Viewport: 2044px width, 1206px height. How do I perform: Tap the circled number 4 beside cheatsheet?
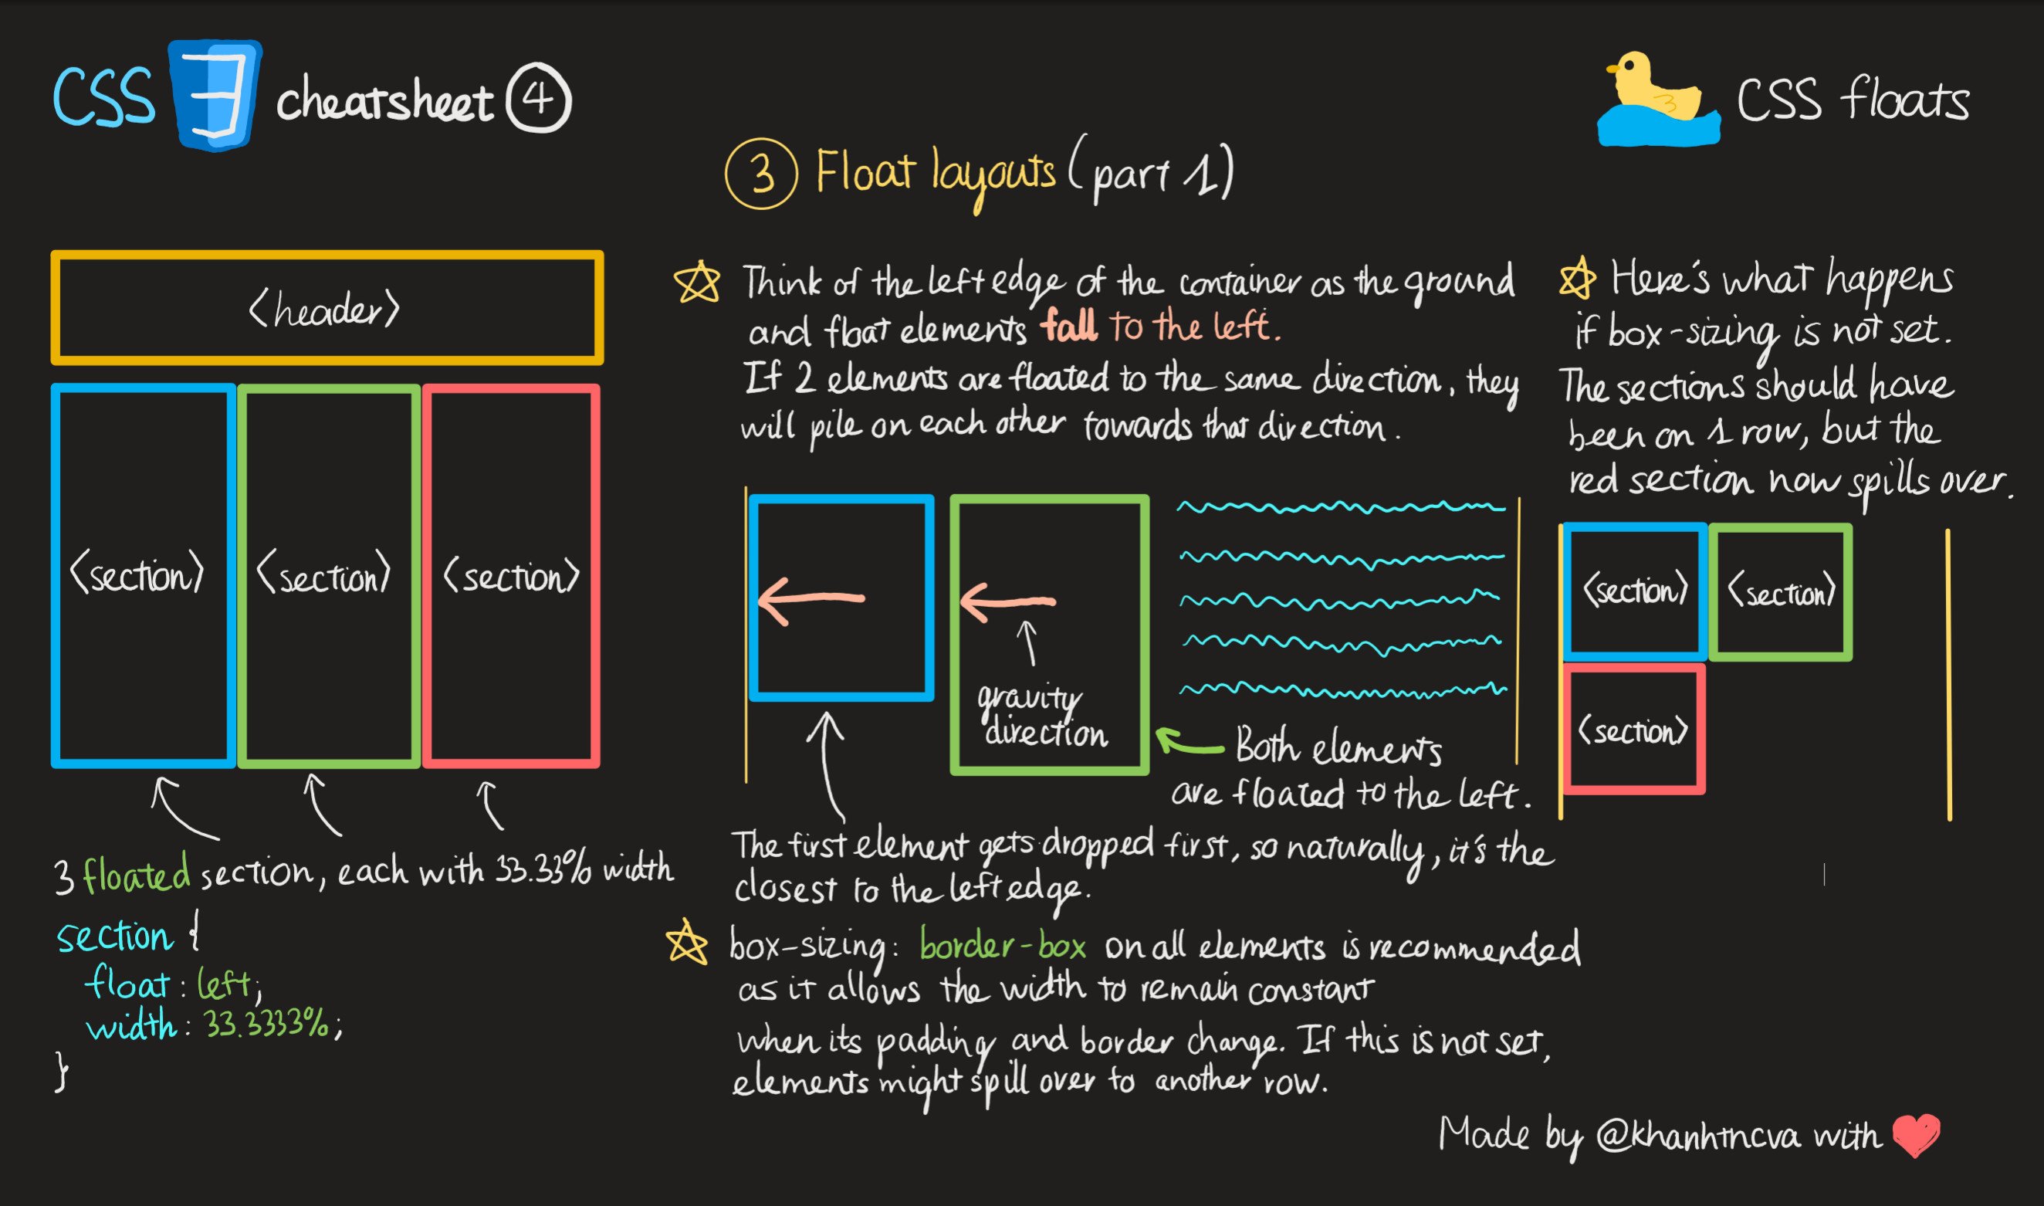539,99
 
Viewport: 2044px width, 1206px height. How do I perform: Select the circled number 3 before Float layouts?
761,174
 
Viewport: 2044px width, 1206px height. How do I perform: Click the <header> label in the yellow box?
324,310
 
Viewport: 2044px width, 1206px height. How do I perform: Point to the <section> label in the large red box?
511,575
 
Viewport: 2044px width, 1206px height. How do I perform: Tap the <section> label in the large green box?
324,575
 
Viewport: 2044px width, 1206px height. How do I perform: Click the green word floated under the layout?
137,875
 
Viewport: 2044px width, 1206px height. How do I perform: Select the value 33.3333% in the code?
266,1024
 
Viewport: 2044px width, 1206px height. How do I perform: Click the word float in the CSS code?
127,984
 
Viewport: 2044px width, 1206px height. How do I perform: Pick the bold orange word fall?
1069,327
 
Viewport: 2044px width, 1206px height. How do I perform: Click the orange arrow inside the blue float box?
810,600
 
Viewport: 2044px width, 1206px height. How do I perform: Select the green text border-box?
1003,946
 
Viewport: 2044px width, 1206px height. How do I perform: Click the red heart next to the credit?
1916,1134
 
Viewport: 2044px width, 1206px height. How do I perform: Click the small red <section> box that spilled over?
1634,729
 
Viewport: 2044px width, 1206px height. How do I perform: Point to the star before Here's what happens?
1577,279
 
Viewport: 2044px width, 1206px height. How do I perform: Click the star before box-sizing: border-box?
686,943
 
